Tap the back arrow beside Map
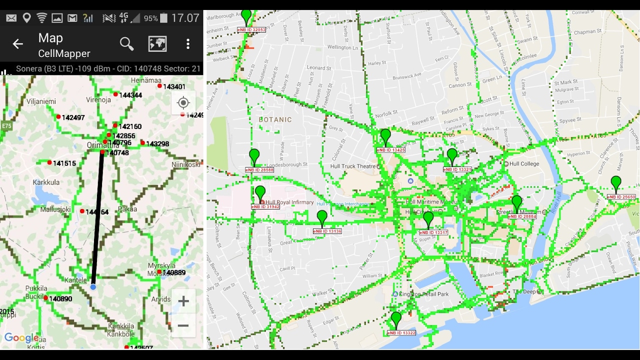point(18,44)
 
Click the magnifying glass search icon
point(126,44)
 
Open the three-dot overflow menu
point(188,44)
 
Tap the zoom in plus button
point(183,301)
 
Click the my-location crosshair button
point(183,103)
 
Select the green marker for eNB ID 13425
point(385,136)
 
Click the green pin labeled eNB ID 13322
point(396,319)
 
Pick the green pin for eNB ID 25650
point(616,183)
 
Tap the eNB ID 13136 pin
point(322,217)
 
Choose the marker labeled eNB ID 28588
point(254,156)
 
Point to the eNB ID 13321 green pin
point(452,155)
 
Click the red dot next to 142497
point(58,117)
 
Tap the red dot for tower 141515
point(49,162)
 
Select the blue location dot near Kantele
point(93,287)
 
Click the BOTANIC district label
point(275,120)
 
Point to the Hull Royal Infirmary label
point(290,202)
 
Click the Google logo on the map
point(21,338)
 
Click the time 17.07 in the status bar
point(185,18)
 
